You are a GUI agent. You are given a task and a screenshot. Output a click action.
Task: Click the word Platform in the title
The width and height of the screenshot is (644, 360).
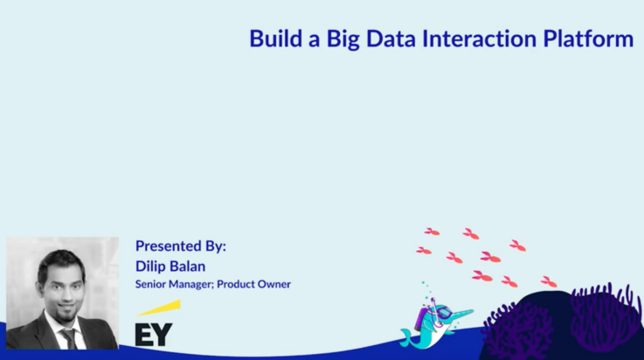[590, 38]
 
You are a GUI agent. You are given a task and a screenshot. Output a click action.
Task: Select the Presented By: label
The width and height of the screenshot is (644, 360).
[181, 246]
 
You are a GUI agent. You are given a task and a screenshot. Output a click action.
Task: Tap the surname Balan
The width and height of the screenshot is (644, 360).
[190, 266]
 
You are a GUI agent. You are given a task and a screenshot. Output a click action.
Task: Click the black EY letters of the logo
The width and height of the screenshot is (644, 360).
[154, 334]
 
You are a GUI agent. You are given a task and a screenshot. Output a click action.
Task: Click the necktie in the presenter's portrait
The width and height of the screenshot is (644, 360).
[68, 337]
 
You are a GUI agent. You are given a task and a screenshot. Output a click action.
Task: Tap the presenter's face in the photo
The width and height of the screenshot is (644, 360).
[61, 287]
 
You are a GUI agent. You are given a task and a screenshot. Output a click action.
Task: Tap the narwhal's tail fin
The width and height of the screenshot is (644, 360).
[407, 337]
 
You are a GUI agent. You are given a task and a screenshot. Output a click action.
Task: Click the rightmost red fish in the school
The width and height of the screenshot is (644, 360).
[549, 281]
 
